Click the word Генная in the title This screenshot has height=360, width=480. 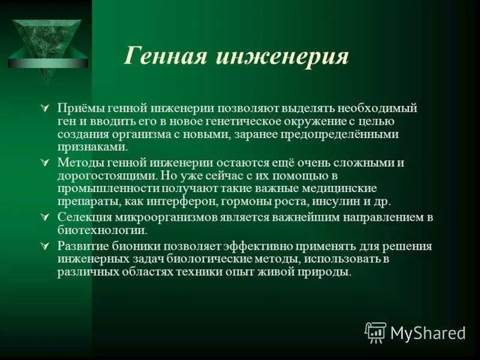click(x=161, y=56)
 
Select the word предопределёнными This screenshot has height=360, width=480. click(x=346, y=135)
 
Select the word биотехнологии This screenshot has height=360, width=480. click(x=101, y=230)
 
